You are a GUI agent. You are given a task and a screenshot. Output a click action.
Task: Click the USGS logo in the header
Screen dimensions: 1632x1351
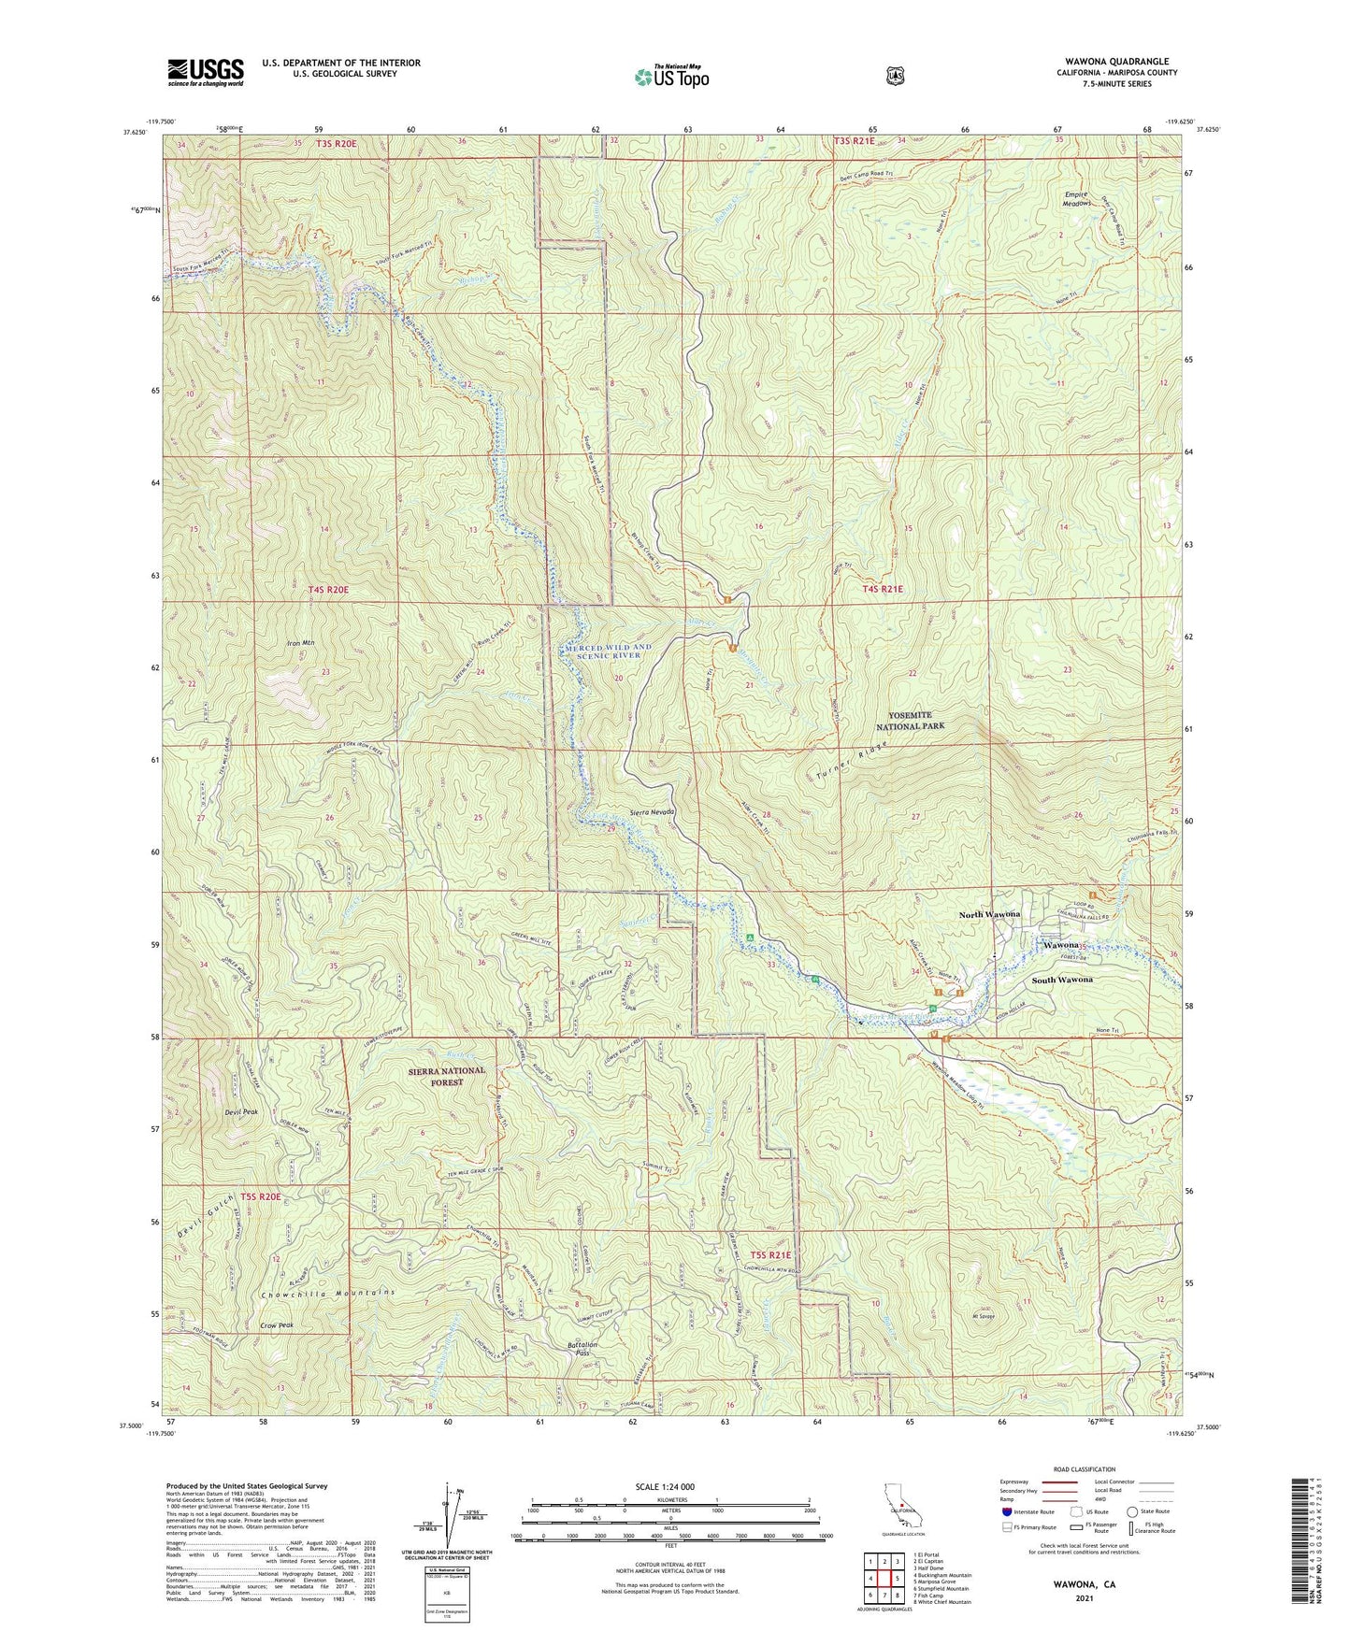coord(206,72)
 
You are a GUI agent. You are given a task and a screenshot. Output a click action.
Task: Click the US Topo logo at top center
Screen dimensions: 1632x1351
coord(671,77)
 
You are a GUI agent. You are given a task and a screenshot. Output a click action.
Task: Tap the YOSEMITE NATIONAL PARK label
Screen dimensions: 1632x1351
coord(910,720)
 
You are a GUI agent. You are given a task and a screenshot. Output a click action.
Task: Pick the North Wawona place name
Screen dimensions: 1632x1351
coord(989,914)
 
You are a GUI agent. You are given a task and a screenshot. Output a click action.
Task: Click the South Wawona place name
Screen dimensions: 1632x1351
coord(1062,980)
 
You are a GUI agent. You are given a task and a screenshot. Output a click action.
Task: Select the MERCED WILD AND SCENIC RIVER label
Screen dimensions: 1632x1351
coord(608,651)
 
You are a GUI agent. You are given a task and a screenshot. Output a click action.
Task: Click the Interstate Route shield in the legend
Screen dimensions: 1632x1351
coord(1006,1511)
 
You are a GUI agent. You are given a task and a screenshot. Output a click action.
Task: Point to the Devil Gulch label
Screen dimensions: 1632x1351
coord(207,1218)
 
